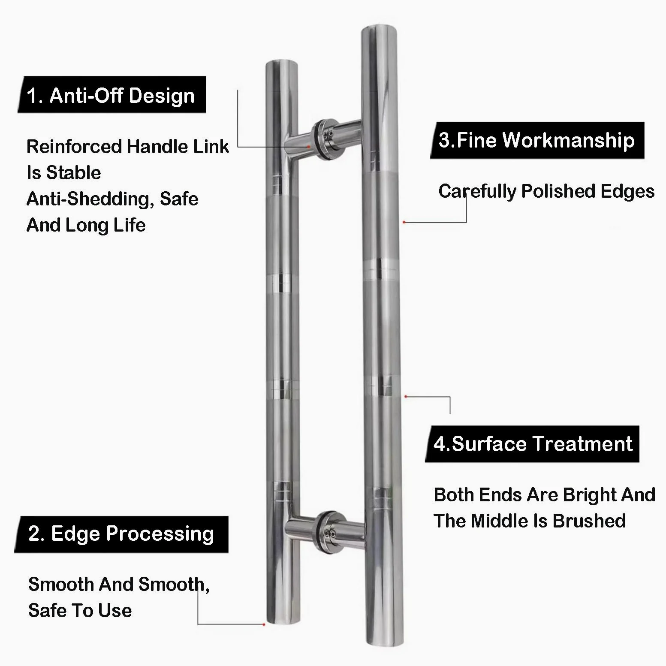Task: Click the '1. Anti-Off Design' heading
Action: [111, 95]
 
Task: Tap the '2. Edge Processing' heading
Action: [121, 534]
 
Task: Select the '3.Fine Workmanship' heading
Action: [536, 140]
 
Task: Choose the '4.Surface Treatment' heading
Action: [533, 443]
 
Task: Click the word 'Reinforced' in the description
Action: [74, 147]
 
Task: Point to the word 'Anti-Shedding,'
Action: [90, 199]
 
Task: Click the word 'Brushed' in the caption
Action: [589, 521]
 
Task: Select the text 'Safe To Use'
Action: [80, 610]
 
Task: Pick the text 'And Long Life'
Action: [86, 225]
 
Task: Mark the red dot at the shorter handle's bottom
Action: [264, 624]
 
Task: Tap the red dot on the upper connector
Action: [308, 147]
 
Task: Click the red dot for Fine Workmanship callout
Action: [404, 222]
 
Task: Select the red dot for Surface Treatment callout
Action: [406, 397]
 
